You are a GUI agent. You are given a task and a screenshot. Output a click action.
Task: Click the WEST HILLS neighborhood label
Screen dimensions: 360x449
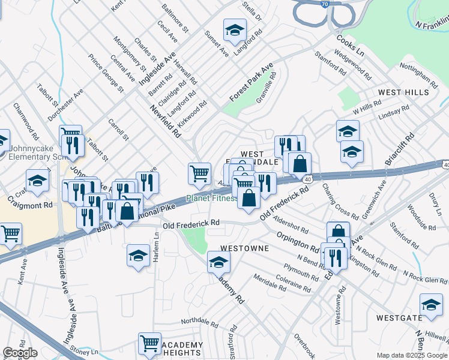tap(403, 92)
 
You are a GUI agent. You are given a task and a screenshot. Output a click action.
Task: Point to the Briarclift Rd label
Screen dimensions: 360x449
tap(400, 152)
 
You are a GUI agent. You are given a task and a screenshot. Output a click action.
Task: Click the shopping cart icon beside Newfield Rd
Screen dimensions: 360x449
tap(199, 174)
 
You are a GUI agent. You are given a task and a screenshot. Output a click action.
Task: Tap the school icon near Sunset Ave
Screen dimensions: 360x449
tap(235, 29)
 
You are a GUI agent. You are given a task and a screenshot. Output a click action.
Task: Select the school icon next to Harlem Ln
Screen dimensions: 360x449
tap(138, 256)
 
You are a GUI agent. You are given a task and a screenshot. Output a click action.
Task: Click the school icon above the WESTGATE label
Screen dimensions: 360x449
tap(431, 304)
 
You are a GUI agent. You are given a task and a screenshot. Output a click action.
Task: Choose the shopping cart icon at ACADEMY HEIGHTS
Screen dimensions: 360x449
tap(149, 343)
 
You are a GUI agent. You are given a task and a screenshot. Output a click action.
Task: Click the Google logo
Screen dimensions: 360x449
tap(19, 353)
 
